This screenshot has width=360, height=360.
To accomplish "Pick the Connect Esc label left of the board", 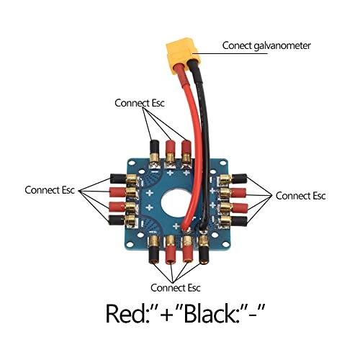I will [50, 191].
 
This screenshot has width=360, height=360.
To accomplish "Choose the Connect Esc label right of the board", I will [301, 195].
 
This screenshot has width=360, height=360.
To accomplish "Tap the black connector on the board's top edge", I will [153, 150].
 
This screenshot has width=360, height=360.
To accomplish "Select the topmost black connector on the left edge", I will [118, 178].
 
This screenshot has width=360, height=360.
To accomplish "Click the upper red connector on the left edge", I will [118, 193].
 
